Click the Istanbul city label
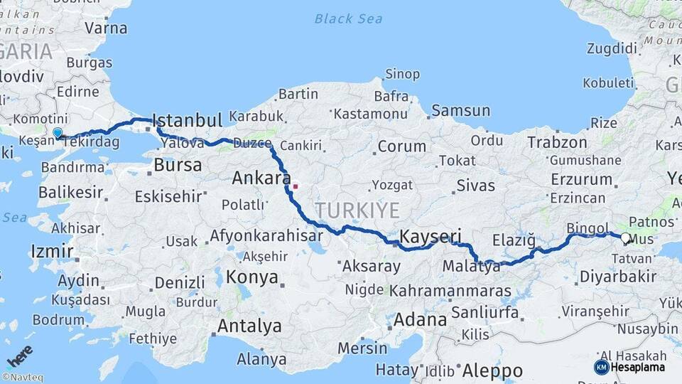pos(188,119)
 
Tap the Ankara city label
pos(261,178)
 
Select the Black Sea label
pos(348,18)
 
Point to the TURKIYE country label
pos(358,210)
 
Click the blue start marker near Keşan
pos(58,132)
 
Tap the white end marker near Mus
pos(624,238)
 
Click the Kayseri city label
pos(431,236)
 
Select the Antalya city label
pos(249,326)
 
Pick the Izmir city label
pos(52,251)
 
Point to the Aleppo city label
pos(492,370)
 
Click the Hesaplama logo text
pos(637,368)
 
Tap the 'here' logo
pos(20,356)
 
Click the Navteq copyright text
pos(22,378)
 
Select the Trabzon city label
pos(558,142)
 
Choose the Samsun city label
pos(460,110)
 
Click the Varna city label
pos(106,28)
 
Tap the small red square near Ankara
pos(295,187)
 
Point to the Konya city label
pos(253,277)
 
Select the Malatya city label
pos(471,267)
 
